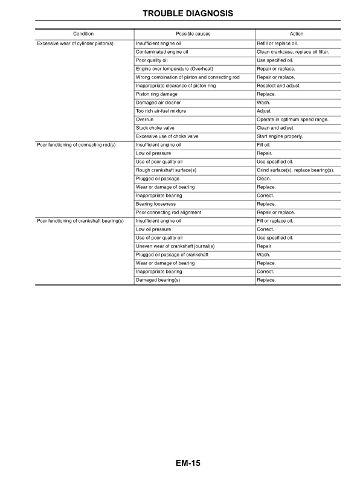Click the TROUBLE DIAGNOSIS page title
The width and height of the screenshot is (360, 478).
tap(179, 13)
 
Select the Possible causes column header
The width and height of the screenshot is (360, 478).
tap(193, 34)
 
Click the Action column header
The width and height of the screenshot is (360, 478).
tap(297, 34)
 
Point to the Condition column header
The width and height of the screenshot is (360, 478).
tap(83, 34)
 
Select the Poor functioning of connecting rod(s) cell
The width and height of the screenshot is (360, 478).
tap(76, 145)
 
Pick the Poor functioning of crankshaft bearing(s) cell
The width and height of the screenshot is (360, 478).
tap(80, 221)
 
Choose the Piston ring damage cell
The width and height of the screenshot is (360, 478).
tap(156, 94)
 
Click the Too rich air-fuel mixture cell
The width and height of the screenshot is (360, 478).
tap(161, 111)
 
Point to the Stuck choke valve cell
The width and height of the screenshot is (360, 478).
tap(155, 128)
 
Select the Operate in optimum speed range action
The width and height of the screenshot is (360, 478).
tap(293, 119)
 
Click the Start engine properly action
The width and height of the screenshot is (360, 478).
tap(280, 136)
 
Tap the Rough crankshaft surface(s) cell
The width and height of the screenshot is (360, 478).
tap(166, 170)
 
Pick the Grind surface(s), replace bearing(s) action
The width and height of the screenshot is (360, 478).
tap(295, 170)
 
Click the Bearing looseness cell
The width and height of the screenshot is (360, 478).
tap(156, 204)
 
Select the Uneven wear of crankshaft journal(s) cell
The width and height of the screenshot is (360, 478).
tap(175, 246)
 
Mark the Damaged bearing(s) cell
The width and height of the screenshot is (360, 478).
tap(158, 280)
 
